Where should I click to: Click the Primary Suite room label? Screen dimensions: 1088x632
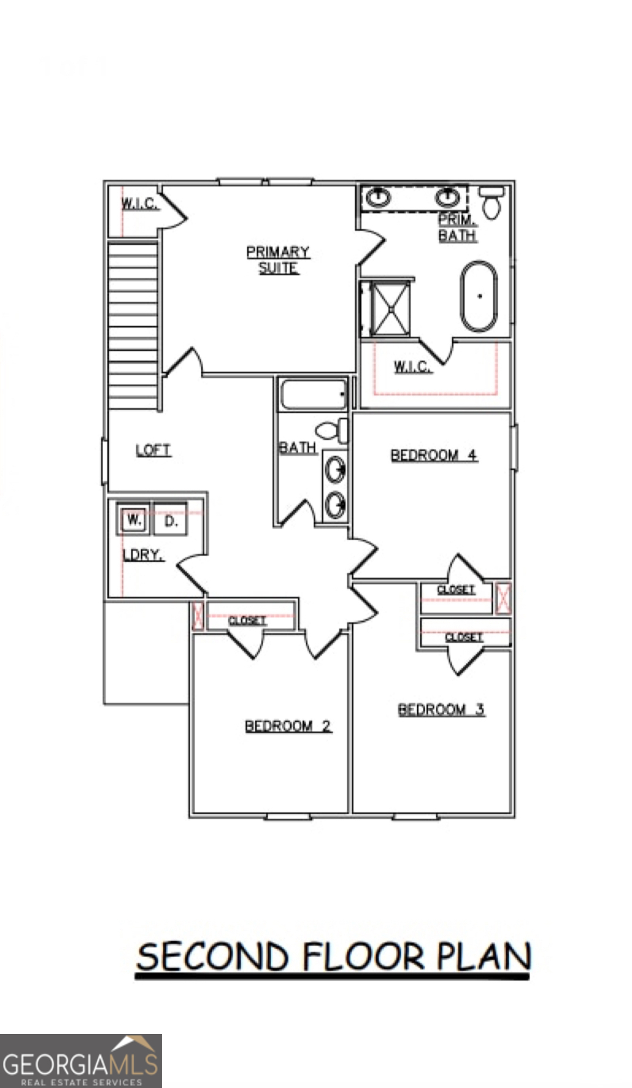click(x=278, y=260)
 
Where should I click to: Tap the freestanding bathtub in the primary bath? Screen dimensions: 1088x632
click(x=479, y=297)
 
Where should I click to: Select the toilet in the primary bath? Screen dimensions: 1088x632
click(x=491, y=202)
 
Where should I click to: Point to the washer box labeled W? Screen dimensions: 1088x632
click(x=134, y=520)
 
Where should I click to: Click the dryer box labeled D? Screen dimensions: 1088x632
click(x=170, y=521)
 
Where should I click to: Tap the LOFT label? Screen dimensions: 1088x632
click(x=153, y=450)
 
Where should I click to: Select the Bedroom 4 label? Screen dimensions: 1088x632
click(x=434, y=455)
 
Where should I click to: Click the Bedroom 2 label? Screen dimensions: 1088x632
click(x=288, y=726)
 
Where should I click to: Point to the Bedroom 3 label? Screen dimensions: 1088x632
click(x=441, y=710)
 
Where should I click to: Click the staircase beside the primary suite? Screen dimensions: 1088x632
click(x=133, y=325)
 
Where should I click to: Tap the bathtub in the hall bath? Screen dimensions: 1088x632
click(x=314, y=395)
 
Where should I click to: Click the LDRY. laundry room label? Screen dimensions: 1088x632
click(x=142, y=555)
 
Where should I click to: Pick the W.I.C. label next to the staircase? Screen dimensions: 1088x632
click(x=139, y=203)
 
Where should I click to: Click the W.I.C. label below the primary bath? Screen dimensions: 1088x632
click(x=412, y=367)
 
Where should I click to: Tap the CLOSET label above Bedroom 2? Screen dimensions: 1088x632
click(x=247, y=620)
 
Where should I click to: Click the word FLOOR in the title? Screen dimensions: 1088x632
click(x=363, y=957)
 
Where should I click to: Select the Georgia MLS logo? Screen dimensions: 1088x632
click(x=80, y=1061)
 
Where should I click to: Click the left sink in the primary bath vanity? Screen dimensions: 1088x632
click(x=378, y=197)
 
